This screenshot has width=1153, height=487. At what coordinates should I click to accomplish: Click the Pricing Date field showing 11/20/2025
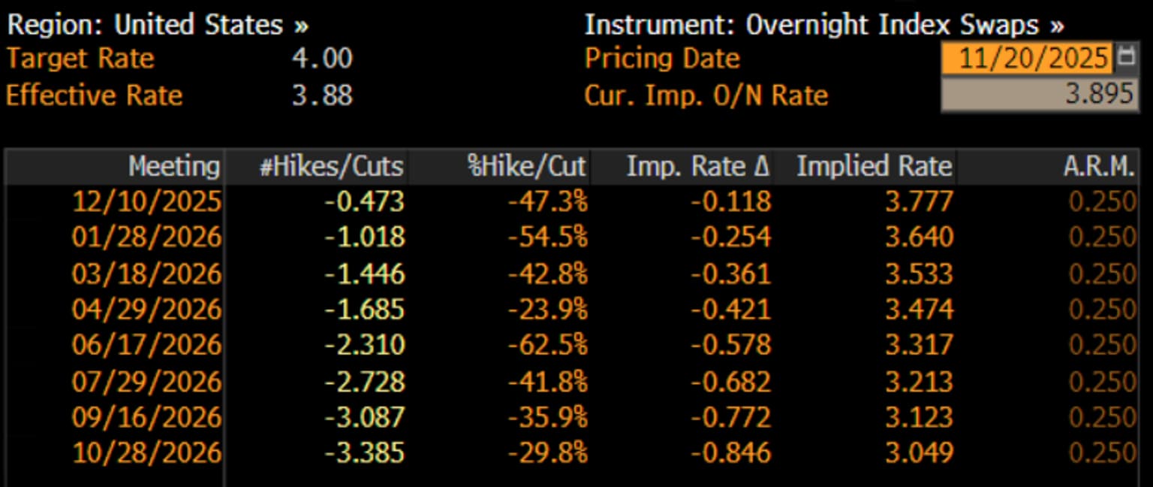click(1027, 57)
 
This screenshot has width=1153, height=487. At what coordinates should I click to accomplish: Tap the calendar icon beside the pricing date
click(1126, 56)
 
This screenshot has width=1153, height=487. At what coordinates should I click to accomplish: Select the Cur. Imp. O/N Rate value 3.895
click(1098, 94)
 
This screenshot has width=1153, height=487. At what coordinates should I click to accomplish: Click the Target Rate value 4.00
click(322, 58)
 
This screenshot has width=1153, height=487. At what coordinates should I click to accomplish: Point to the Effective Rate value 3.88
click(322, 95)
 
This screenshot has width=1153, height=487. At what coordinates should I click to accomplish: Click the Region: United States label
click(158, 24)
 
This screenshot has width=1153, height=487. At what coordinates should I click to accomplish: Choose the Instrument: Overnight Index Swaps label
click(824, 24)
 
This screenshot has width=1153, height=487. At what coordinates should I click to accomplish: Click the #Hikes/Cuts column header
click(332, 166)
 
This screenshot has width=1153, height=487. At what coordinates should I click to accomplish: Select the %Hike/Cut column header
click(526, 166)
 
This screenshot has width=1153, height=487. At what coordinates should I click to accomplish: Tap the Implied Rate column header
click(875, 166)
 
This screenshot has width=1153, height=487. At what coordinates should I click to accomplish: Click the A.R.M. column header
click(1099, 166)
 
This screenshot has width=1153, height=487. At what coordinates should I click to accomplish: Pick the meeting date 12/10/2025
click(146, 201)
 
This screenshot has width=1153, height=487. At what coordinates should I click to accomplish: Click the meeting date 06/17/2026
click(146, 345)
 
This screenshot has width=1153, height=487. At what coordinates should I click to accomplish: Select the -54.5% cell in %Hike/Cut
click(548, 237)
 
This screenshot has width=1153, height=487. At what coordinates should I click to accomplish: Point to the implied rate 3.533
click(920, 273)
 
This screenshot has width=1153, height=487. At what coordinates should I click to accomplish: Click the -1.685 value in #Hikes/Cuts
click(364, 309)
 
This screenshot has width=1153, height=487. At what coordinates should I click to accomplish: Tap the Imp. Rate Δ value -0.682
click(731, 382)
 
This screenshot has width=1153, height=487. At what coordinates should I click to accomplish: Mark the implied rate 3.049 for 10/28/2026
click(920, 453)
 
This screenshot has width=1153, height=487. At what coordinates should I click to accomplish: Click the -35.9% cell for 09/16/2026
click(548, 417)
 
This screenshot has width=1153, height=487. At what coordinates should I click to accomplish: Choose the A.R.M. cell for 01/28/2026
click(1102, 237)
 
